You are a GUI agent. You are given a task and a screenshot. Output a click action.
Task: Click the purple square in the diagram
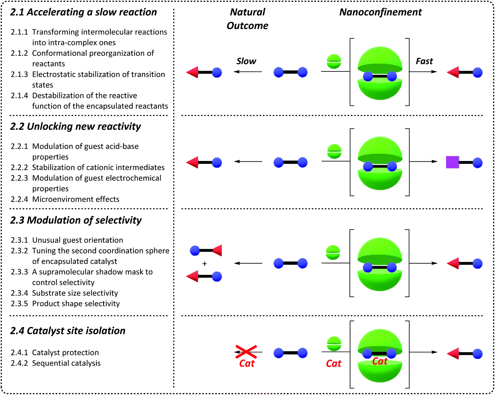[x=452, y=162]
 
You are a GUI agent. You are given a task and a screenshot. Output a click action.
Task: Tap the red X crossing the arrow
[x=246, y=352]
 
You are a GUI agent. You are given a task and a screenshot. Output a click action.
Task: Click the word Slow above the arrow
[x=246, y=61]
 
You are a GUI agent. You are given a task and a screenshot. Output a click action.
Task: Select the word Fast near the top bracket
[x=424, y=61]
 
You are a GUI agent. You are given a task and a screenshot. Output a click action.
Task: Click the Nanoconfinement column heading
[x=380, y=12]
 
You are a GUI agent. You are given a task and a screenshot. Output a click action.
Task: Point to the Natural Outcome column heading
[x=247, y=19]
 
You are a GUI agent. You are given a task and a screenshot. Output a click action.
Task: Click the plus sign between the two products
[x=204, y=264]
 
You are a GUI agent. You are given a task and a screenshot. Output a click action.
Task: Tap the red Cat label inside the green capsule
[x=380, y=361]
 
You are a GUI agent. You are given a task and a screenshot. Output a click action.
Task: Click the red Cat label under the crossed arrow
[x=247, y=363]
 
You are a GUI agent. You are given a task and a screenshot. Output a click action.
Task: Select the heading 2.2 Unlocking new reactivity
[x=75, y=126]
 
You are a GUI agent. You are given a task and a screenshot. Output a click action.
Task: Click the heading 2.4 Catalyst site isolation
[x=68, y=331]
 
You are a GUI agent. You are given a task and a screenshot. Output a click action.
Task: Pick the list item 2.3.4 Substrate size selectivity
[x=64, y=293]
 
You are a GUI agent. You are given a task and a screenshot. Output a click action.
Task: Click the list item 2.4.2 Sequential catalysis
[x=56, y=363]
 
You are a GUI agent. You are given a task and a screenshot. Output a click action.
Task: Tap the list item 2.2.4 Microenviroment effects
[x=65, y=199]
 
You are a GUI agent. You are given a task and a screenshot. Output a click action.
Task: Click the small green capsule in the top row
[x=334, y=62]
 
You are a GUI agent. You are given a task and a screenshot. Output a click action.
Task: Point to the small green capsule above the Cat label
[x=334, y=344]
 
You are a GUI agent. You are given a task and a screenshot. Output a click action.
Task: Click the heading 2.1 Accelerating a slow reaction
[x=83, y=12]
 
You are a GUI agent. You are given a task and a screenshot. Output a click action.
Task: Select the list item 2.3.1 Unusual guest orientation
[x=67, y=240]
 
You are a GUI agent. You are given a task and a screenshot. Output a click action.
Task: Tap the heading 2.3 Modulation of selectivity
[x=76, y=220]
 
